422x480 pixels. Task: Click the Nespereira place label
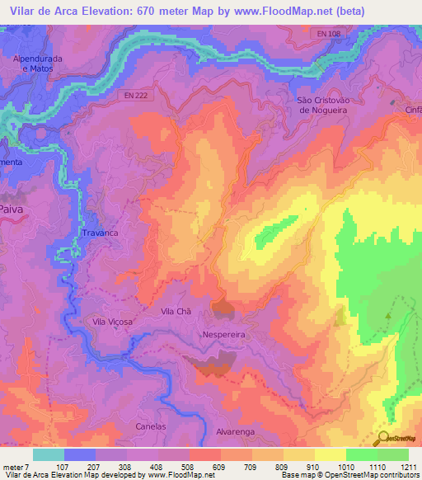[224, 336]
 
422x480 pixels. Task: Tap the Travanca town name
[100, 233]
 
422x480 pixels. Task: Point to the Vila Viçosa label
[113, 322]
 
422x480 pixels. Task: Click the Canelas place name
[151, 426]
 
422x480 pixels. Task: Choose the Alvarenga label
[237, 431]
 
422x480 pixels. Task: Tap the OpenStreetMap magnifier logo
[383, 438]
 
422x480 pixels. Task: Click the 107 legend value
[62, 467]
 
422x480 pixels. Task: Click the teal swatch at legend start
[48, 454]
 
